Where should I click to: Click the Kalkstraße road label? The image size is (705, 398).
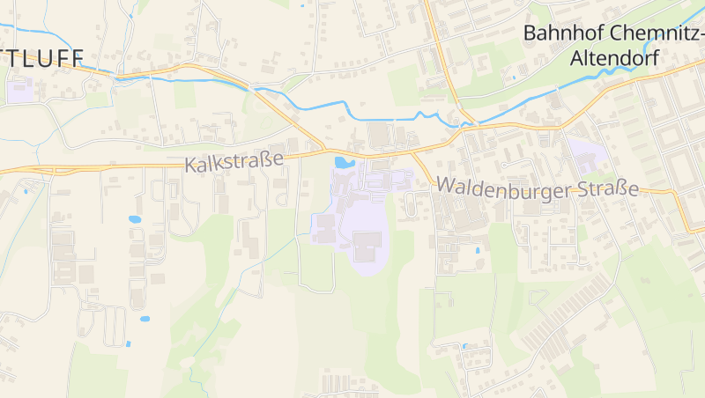(234, 162)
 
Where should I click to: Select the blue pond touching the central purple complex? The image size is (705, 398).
(342, 162)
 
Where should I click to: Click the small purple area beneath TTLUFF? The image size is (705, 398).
(19, 89)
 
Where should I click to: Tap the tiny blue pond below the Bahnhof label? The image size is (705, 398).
(513, 77)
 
